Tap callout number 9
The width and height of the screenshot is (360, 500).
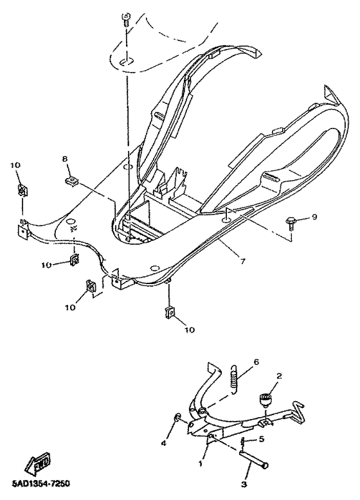click(314, 217)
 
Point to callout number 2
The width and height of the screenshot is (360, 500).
click(278, 377)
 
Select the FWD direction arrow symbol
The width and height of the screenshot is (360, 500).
click(34, 462)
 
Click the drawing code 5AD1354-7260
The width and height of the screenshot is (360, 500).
click(40, 483)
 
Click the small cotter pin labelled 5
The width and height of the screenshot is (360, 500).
click(244, 443)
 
